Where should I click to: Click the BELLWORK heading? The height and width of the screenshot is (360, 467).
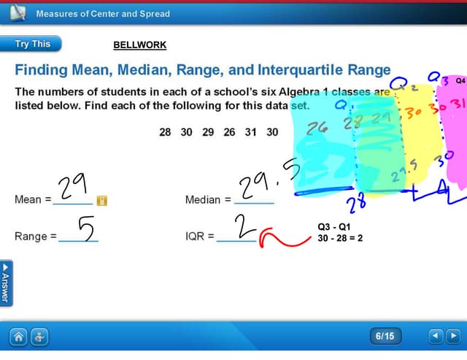tap(139, 45)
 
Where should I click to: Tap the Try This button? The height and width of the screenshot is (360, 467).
tap(32, 44)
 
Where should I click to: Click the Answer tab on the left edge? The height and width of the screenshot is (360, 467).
tap(6, 283)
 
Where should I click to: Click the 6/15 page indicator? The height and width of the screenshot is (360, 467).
tap(385, 336)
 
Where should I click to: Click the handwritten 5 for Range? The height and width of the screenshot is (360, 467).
tap(85, 229)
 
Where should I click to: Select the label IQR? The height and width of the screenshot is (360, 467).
tap(195, 237)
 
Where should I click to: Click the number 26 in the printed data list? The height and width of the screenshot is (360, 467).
tap(229, 132)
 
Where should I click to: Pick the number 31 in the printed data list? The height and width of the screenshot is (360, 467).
tap(250, 132)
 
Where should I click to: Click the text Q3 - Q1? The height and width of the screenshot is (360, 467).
tap(334, 227)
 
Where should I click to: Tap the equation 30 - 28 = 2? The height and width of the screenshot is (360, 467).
tap(340, 238)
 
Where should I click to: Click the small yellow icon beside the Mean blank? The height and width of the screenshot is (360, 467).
tap(102, 200)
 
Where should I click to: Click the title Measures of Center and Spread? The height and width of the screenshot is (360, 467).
tap(103, 13)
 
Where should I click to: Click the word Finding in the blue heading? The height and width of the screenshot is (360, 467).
tap(41, 70)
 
